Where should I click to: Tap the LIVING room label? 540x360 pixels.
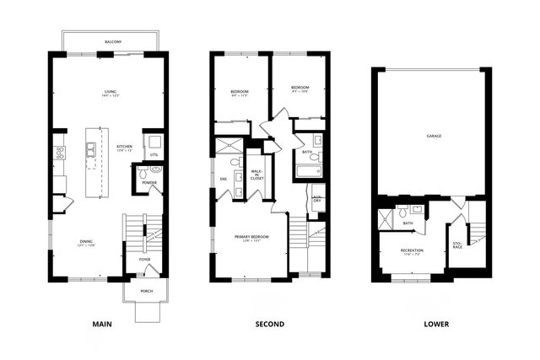coord(110,93)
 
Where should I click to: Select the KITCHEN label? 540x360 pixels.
coord(123,147)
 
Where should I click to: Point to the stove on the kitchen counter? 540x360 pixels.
coord(60,153)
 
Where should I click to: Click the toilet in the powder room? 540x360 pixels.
coord(143,173)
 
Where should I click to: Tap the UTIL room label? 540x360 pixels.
coord(154,155)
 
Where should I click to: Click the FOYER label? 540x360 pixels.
coord(144,259)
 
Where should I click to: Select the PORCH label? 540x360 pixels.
coord(146,291)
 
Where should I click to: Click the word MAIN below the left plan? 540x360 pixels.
coord(102,324)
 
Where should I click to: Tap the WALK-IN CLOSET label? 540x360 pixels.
coord(257,175)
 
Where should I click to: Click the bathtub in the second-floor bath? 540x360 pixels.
coord(307,171)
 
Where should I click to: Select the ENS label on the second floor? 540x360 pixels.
coord(224,179)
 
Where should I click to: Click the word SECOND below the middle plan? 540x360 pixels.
coord(269,324)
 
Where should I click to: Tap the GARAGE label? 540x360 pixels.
coord(435,136)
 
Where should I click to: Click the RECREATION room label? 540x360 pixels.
coord(412,250)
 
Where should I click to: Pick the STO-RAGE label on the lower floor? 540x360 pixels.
coord(456,246)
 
